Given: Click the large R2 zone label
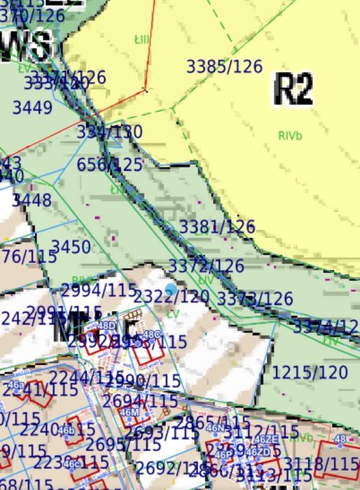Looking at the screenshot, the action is [293, 88].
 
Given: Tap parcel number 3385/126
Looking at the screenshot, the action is [223, 66].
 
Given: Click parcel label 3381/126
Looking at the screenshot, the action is [217, 227].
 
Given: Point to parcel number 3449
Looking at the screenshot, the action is [32, 108].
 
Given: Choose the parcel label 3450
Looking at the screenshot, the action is [71, 246].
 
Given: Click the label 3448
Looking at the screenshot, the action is [32, 200].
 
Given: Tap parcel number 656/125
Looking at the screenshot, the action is [110, 164].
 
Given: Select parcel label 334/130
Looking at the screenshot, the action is [109, 132].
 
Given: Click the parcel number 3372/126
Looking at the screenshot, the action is [206, 266].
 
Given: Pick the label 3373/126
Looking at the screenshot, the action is [255, 299].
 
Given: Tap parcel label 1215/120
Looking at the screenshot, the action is [310, 372].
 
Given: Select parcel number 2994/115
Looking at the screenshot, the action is [99, 290].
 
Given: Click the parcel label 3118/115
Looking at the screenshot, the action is [322, 463].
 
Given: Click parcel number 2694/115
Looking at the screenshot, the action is [140, 401].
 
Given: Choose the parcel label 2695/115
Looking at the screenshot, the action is [125, 444].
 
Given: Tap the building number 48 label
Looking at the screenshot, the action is [340, 439].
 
